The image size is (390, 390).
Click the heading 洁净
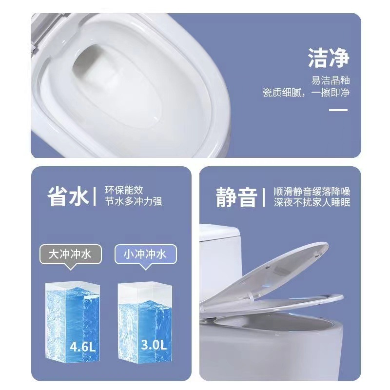click(x=328, y=58)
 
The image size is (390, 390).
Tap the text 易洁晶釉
click(x=331, y=80)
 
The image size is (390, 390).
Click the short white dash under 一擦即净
click(x=338, y=110)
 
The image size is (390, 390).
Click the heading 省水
click(x=68, y=196)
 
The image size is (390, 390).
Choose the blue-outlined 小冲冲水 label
click(x=145, y=254)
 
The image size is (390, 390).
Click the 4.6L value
click(x=83, y=347)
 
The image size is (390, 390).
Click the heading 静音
click(x=236, y=196)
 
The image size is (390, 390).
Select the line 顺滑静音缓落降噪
click(x=312, y=191)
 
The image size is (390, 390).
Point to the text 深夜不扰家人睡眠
click(x=312, y=202)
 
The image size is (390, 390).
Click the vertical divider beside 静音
click(x=263, y=196)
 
